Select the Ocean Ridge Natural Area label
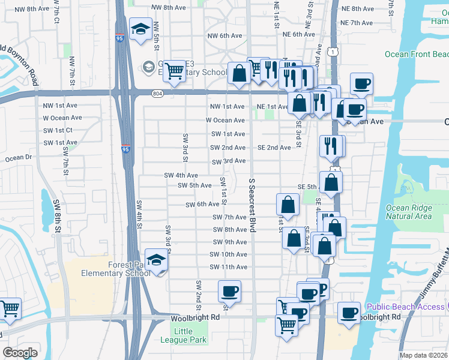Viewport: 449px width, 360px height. point(408,212)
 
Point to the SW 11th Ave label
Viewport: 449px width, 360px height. point(228,267)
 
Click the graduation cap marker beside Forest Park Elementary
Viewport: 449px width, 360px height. point(157,260)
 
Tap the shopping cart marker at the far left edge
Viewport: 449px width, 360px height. point(10,309)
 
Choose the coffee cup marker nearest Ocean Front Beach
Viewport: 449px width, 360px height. point(362,84)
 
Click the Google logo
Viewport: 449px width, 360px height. point(20,353)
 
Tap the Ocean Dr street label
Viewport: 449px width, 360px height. point(18,158)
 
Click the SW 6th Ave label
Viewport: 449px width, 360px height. point(203,205)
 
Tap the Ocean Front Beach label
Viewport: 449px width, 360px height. point(416,55)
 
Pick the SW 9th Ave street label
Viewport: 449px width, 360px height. point(228,242)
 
